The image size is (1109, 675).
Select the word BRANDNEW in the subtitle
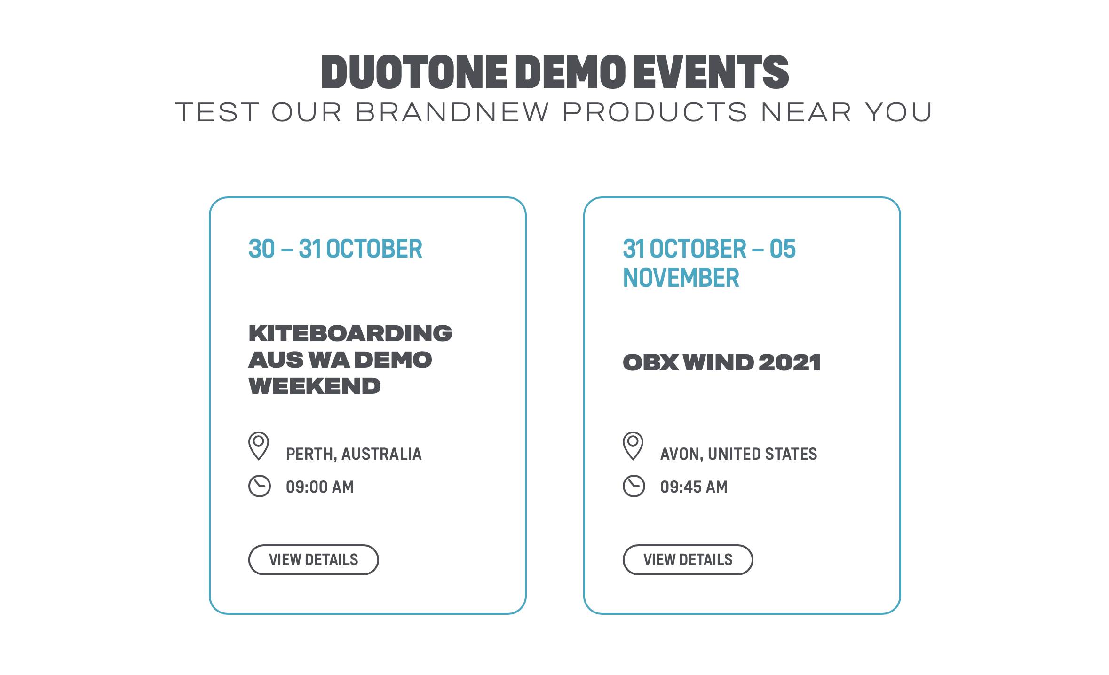(x=452, y=112)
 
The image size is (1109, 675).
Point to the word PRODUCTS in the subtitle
(x=655, y=112)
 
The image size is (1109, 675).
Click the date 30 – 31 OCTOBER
(x=335, y=249)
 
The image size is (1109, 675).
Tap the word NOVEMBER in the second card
(x=681, y=278)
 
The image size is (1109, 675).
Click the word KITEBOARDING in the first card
(x=350, y=333)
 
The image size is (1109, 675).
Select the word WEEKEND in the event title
(x=315, y=386)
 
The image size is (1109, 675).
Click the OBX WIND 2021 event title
(x=721, y=362)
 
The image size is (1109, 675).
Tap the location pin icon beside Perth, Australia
(x=259, y=446)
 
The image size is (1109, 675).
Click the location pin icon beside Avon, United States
(x=633, y=446)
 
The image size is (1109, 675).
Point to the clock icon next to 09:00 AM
(x=260, y=486)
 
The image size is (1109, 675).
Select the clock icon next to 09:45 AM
(x=634, y=486)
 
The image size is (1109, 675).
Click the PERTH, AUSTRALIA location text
(x=354, y=454)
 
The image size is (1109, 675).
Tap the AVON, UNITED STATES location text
(x=738, y=454)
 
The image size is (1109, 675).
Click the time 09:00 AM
(x=320, y=487)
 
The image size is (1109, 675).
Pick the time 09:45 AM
(x=694, y=487)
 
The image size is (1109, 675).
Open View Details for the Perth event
(x=314, y=560)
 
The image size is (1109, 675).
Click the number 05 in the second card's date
(x=783, y=249)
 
